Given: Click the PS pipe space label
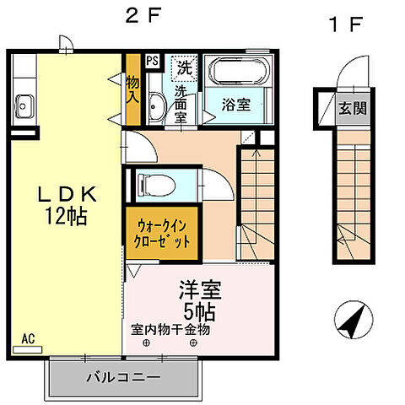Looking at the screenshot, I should pos(152,61).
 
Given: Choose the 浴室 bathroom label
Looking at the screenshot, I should pos(235,106).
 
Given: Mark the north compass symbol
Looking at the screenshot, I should pos(352,321).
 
